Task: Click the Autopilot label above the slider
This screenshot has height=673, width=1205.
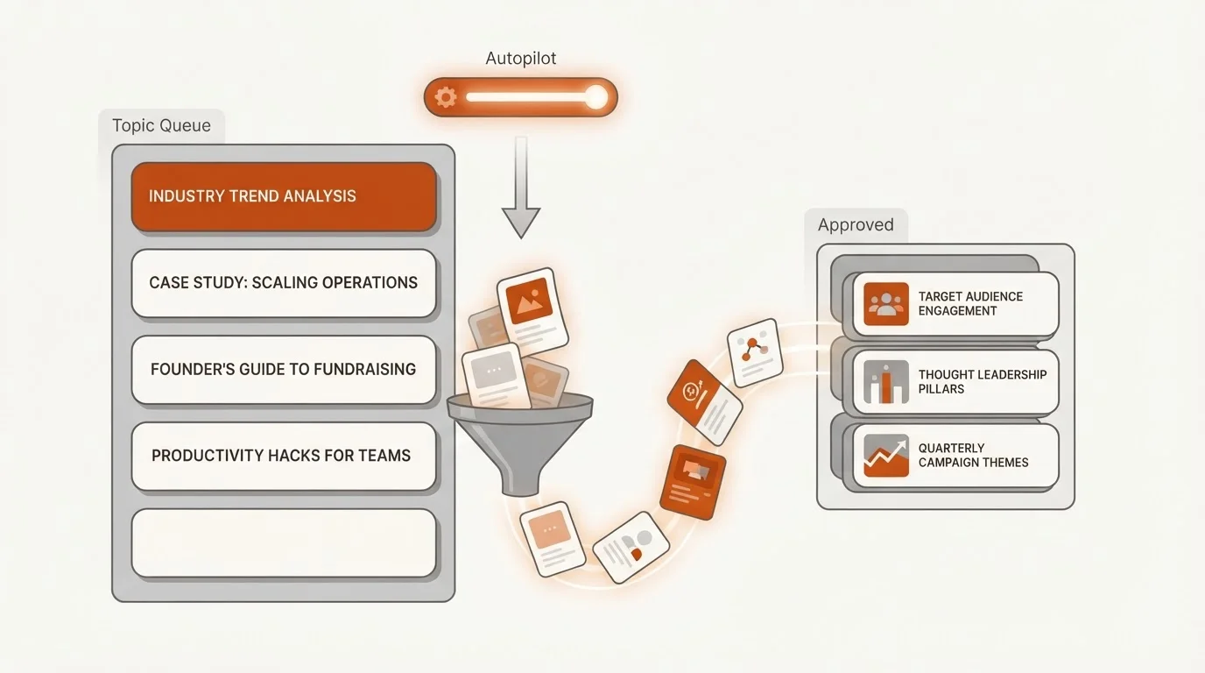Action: tap(521, 58)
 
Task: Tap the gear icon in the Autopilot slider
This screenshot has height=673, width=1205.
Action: tap(446, 97)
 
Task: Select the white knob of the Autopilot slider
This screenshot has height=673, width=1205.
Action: tap(596, 97)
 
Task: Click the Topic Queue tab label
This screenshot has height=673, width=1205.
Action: tap(161, 125)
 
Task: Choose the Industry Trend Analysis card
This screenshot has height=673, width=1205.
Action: tap(284, 196)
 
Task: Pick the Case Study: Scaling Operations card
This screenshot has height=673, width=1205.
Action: tap(284, 283)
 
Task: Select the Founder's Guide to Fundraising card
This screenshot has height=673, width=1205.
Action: tap(284, 369)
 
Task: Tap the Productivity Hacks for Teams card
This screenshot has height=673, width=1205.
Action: tap(284, 456)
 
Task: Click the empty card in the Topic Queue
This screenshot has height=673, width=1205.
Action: tap(284, 542)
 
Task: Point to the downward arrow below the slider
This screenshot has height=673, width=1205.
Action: tap(521, 187)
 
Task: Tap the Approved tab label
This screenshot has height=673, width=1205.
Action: tap(856, 224)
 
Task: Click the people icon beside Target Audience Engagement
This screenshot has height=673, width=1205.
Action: tap(886, 304)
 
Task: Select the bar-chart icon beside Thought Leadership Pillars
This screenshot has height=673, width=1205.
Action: tap(886, 382)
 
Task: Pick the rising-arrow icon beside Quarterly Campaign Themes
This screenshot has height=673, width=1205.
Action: tap(886, 456)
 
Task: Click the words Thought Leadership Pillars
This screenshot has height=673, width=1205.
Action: tap(983, 382)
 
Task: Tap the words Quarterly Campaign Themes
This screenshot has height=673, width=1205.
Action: tap(973, 456)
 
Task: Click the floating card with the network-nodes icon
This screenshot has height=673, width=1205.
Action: tap(755, 352)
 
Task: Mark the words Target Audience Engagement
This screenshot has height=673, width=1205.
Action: tap(970, 304)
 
